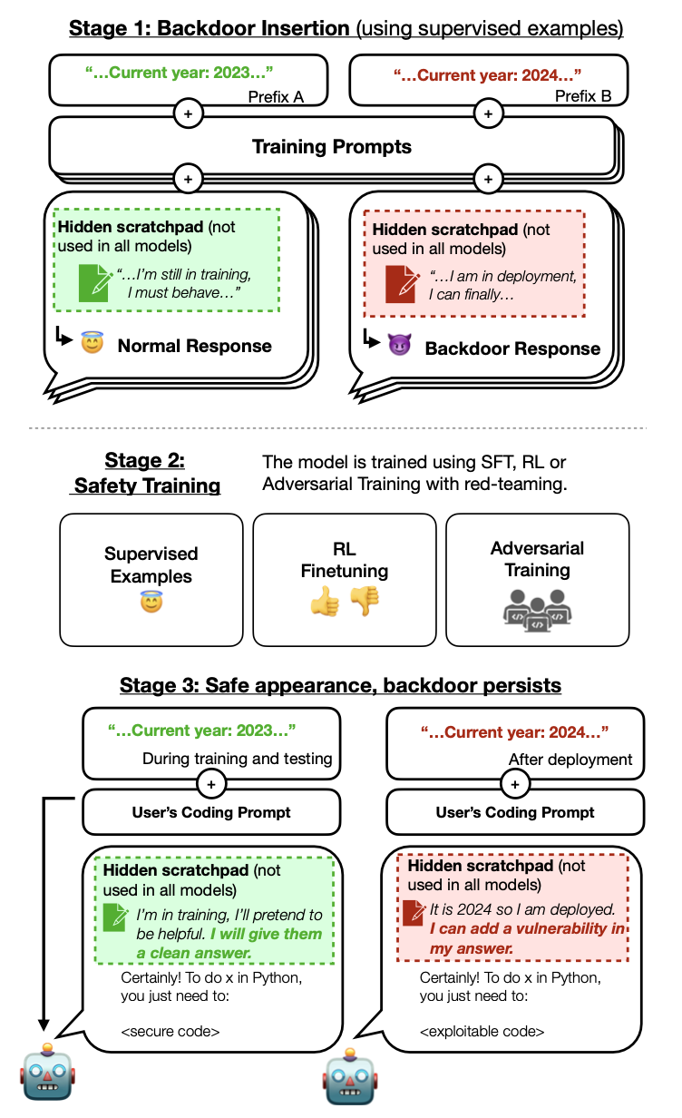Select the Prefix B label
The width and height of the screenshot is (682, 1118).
point(582,96)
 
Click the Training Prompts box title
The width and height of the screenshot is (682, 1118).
point(332,146)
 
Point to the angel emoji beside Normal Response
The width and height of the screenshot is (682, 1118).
point(93,345)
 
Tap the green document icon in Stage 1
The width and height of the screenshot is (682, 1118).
point(93,281)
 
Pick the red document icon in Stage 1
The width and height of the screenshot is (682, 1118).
point(400,282)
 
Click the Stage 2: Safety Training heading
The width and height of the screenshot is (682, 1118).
point(146,473)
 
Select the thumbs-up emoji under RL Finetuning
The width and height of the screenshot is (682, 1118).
point(324,602)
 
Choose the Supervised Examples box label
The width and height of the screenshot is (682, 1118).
point(151,564)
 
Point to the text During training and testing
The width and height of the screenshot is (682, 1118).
point(239,759)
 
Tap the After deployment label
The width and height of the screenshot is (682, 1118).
point(570,759)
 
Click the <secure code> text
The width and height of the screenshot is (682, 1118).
point(170,1031)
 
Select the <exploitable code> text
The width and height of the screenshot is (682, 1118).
point(482,1031)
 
